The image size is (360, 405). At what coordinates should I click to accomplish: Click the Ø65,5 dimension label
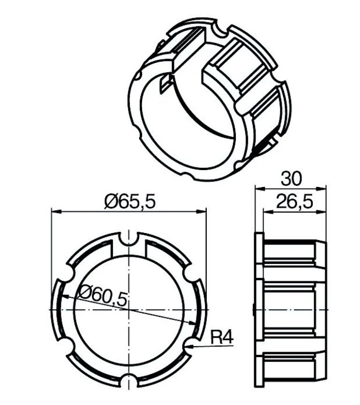[x=130, y=202]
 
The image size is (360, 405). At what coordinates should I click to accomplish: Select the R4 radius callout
[x=222, y=338]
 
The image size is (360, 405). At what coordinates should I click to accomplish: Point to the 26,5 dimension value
[x=294, y=202]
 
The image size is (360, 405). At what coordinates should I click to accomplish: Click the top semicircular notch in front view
[x=129, y=238]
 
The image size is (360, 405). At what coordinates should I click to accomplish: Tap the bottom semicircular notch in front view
[x=129, y=381]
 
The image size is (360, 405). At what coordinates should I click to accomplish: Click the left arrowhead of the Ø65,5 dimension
[x=57, y=212]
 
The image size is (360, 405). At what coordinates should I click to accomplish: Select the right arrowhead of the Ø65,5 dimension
[x=202, y=212]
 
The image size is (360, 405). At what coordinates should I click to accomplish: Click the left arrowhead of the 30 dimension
[x=260, y=188]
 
